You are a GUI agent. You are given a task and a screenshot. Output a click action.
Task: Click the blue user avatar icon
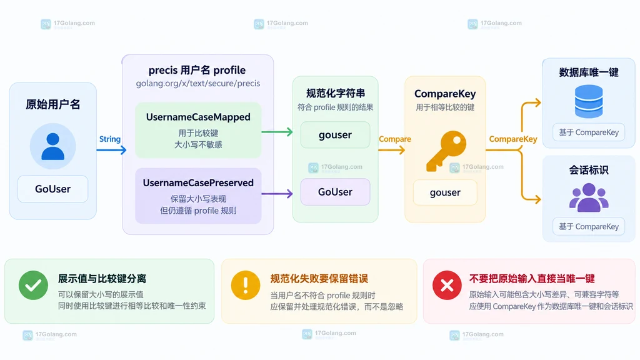52,146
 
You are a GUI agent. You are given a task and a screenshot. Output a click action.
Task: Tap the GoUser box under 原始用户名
52,189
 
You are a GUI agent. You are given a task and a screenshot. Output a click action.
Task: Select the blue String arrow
111,150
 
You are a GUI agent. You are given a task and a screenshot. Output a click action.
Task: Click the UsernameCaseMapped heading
198,117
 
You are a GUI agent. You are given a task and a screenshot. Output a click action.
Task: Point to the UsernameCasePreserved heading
198,183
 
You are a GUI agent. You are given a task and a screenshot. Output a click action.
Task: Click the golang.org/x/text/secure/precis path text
198,83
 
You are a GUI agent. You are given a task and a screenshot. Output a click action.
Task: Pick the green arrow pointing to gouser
277,132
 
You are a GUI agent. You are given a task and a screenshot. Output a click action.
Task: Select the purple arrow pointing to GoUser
277,194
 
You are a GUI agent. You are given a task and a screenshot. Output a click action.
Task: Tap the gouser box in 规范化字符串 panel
335,135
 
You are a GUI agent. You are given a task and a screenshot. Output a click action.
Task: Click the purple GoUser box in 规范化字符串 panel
335,192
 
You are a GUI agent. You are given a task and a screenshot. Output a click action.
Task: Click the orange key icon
446,151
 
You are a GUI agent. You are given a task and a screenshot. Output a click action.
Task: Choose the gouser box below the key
445,192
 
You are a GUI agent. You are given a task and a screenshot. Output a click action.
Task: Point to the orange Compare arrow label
395,139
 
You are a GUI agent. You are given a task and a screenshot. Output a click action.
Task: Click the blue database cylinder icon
589,101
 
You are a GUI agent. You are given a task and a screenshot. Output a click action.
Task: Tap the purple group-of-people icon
589,197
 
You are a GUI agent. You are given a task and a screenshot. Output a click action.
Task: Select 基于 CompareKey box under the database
589,132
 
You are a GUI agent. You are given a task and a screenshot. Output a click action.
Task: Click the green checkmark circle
34,285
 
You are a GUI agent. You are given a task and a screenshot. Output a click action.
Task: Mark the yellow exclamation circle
245,285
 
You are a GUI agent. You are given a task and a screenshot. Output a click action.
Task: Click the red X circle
447,285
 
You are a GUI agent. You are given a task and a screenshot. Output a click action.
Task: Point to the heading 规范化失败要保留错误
319,279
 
